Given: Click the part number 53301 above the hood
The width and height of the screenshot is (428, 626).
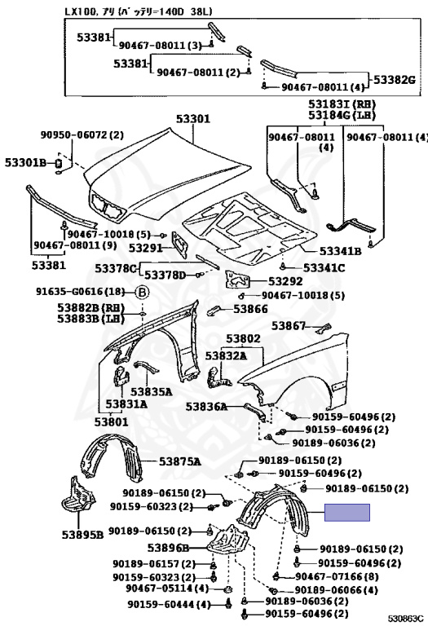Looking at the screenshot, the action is (x=193, y=119).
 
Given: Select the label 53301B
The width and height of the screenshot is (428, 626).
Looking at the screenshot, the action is (x=26, y=162).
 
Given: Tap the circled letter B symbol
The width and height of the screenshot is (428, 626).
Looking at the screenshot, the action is (x=142, y=293).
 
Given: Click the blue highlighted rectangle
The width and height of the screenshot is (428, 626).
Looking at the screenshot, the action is (x=347, y=512).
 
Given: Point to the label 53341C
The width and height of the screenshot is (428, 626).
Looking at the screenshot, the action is (x=324, y=267).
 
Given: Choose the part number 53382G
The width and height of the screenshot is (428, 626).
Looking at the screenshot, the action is (x=394, y=80).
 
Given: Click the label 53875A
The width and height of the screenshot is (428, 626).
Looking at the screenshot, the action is (x=179, y=462).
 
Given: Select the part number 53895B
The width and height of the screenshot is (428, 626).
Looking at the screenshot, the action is (x=82, y=534).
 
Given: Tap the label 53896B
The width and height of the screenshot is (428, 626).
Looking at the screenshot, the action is (x=168, y=548).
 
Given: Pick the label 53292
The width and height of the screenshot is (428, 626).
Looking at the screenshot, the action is (x=285, y=281).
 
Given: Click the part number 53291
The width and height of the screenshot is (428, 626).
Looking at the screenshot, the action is (x=145, y=248).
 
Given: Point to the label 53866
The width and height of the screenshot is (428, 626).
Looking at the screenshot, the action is (x=250, y=309).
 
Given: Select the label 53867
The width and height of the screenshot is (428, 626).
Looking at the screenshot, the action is (x=289, y=326).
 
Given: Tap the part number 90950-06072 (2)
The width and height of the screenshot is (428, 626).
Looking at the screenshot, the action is (x=82, y=135).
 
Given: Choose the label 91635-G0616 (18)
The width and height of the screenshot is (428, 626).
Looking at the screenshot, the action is (x=81, y=292).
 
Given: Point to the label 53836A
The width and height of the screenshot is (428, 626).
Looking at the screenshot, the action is (x=206, y=407).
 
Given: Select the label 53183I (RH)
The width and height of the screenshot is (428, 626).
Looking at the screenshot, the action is (x=342, y=104).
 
